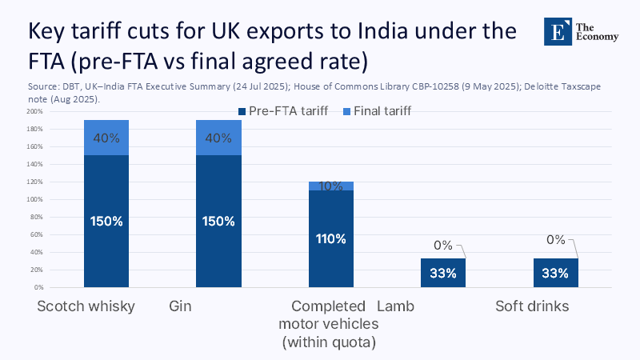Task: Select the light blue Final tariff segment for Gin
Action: [218, 138]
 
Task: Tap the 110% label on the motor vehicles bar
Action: [330, 238]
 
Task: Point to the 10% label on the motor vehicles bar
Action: [330, 186]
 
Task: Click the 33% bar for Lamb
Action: [442, 273]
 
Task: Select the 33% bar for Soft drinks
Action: [555, 273]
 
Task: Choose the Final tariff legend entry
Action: [378, 111]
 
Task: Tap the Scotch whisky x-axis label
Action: [86, 306]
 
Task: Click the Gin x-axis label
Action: [180, 306]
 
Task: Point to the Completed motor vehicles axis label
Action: [329, 324]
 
